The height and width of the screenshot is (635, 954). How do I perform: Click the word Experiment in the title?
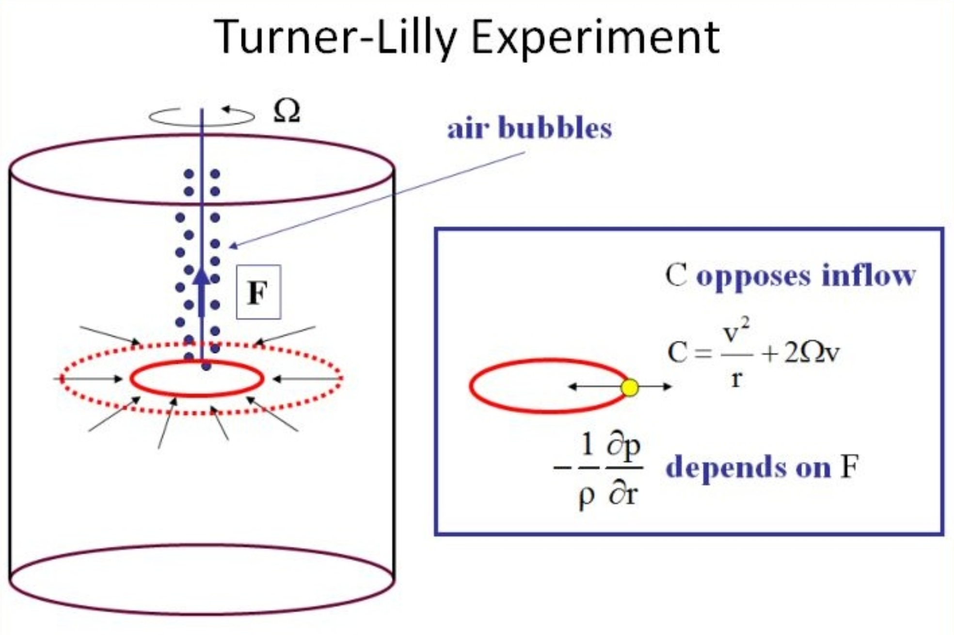coord(595,38)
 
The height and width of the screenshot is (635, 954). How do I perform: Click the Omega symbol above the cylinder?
coord(286,111)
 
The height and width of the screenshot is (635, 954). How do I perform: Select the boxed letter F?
coord(258,292)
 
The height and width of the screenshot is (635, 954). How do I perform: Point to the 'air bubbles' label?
coord(529,128)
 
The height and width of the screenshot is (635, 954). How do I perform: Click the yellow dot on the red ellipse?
coord(630,387)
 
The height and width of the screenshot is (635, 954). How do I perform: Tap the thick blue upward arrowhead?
coord(201,278)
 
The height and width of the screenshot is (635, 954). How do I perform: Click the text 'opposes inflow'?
coord(806,275)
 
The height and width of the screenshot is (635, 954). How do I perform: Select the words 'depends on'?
coord(748,467)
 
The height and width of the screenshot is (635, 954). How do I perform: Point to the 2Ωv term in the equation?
coord(812,353)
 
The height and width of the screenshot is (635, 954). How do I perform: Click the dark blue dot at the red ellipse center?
coord(206,366)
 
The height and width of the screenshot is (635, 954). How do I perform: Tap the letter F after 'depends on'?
coord(849,467)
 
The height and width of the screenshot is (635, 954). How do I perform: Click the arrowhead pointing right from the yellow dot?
coord(668,386)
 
